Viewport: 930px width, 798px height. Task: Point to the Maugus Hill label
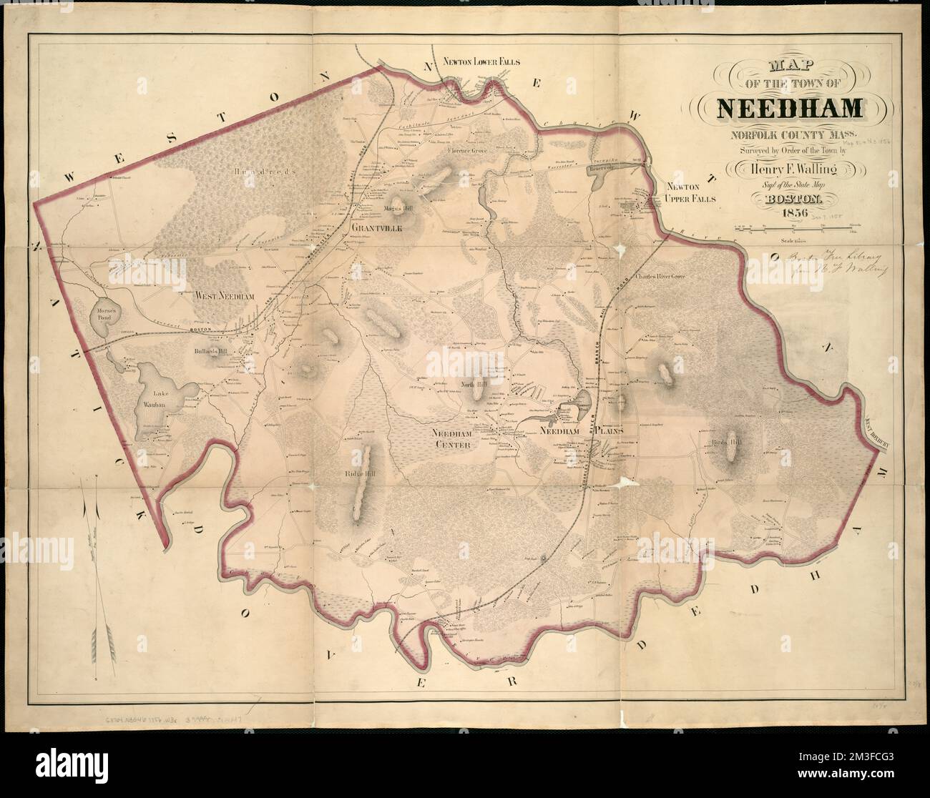(x=395, y=209)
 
